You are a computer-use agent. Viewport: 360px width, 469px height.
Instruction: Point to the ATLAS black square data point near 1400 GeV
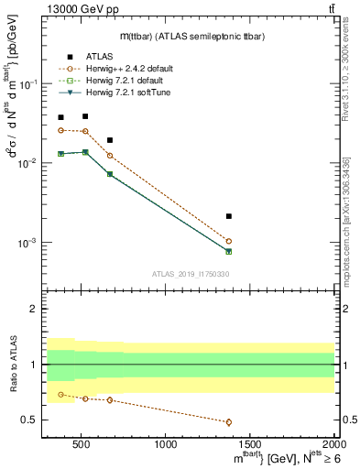point(229,216)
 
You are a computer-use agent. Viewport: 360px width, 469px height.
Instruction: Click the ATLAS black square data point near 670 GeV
point(110,140)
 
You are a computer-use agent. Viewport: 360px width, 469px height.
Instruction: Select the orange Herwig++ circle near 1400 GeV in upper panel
point(229,241)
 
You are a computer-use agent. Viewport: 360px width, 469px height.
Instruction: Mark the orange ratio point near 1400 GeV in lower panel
point(229,422)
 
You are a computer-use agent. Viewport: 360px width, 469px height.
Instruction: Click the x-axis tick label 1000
point(165,444)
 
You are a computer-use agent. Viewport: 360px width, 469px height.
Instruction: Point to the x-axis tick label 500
point(82,444)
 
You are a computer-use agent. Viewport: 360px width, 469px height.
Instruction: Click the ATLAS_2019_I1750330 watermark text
point(190,274)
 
